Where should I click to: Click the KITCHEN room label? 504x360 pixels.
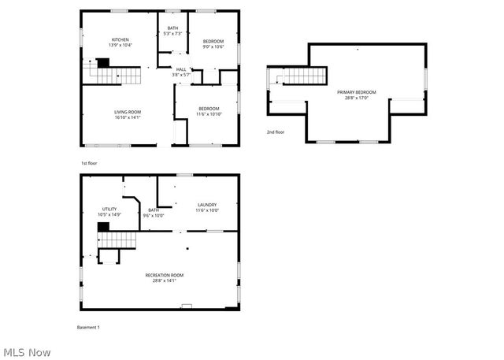pos(120,39)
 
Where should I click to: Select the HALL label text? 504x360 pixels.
pos(181,69)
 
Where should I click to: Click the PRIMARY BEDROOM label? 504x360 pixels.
pos(357,92)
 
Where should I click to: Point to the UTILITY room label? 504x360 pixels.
pos(109,209)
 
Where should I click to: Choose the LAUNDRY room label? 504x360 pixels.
pos(207,205)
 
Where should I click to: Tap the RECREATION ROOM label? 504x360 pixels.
pos(165,274)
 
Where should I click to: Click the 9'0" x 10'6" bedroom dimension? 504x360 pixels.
pos(213,46)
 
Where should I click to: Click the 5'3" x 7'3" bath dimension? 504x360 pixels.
pos(172,33)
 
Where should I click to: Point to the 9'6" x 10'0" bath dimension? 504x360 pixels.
pos(154,215)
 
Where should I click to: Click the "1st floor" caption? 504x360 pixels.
pos(89,163)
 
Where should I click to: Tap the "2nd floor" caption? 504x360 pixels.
pos(275,132)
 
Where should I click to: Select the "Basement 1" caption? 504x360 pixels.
pos(88,327)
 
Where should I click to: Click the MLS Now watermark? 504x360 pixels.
pos(27,351)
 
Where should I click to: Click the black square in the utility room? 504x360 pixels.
pos(102,227)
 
